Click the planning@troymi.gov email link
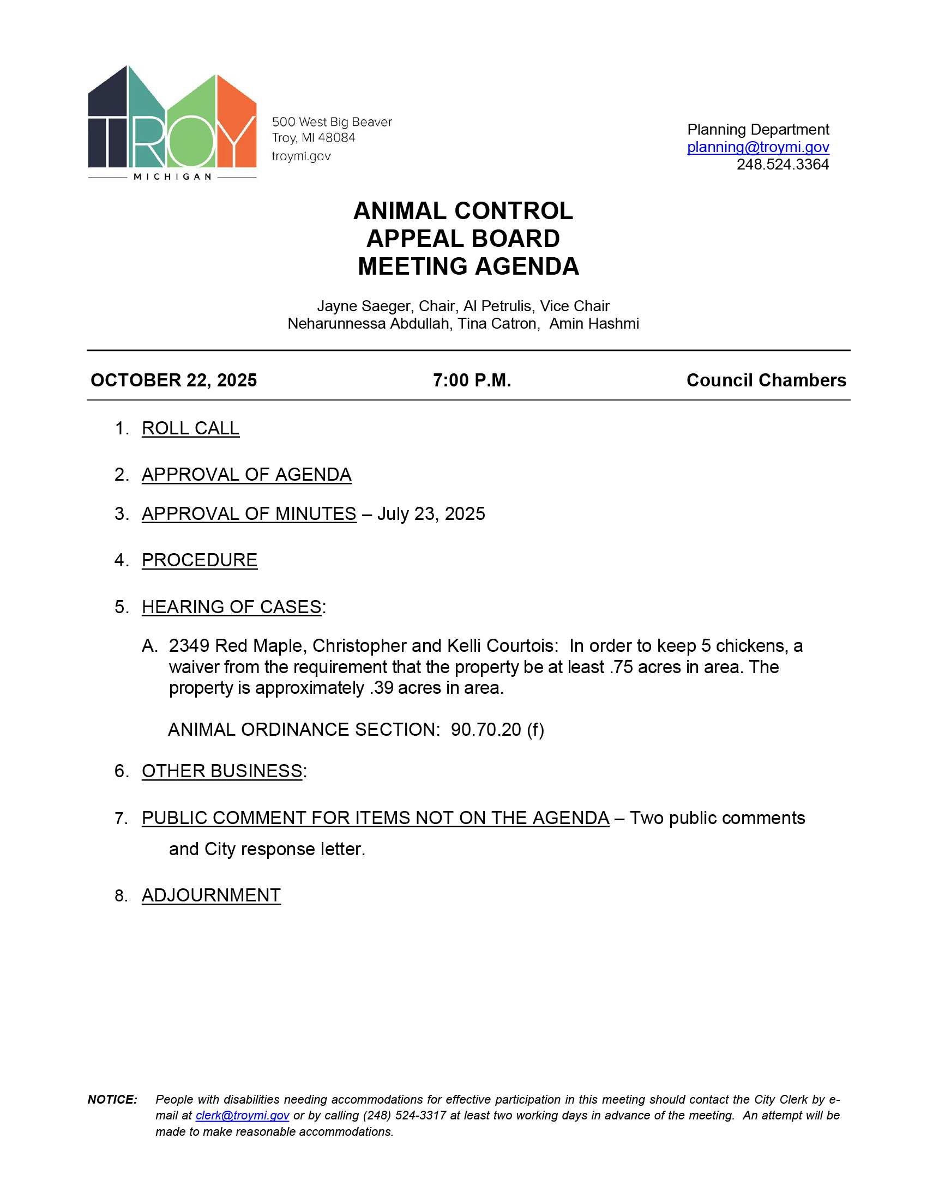[758, 147]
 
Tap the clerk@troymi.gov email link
[242, 1116]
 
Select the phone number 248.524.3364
[782, 165]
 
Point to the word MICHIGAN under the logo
[172, 177]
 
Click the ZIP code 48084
[336, 138]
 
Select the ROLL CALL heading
[190, 428]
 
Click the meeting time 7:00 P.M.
[472, 380]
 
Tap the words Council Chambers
[766, 380]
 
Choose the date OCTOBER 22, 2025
[173, 380]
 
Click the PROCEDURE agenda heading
[200, 560]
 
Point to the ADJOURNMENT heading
[211, 895]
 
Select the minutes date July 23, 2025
[431, 514]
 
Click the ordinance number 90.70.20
[485, 730]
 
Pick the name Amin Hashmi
[594, 324]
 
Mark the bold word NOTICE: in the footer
[112, 1100]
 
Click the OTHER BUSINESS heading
[222, 771]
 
